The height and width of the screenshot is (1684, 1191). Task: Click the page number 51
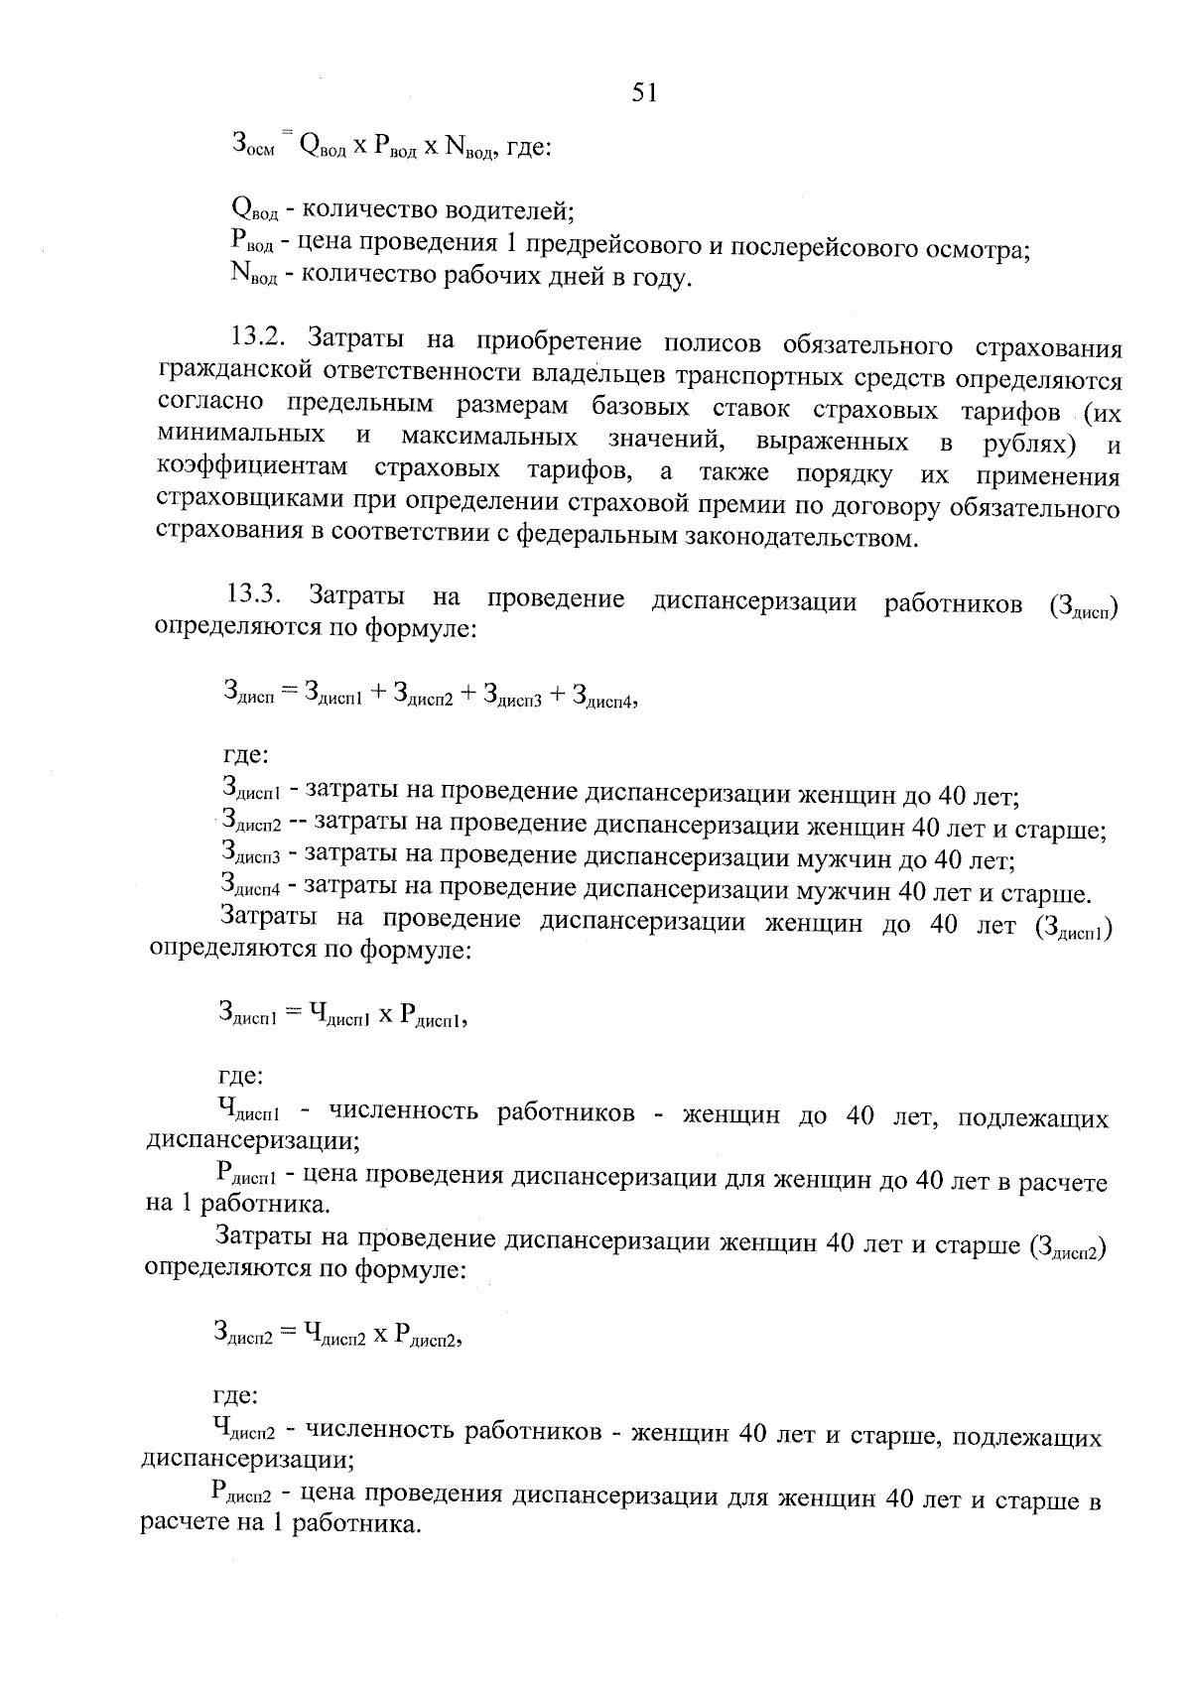click(643, 92)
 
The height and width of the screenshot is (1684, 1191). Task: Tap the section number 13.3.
click(256, 595)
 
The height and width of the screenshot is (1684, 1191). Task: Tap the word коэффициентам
click(254, 467)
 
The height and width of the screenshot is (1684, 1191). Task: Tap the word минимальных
click(242, 435)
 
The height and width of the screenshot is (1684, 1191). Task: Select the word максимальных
click(490, 438)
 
